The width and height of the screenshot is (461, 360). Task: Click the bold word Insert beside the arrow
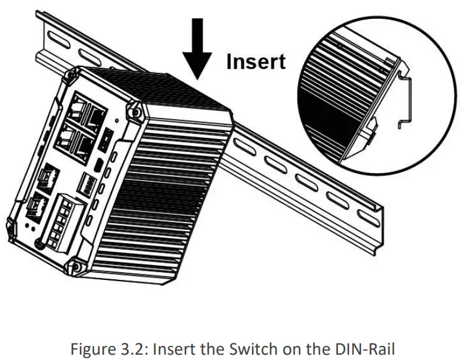pos(256,61)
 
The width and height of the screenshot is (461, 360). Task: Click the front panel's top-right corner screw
pos(135,110)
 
